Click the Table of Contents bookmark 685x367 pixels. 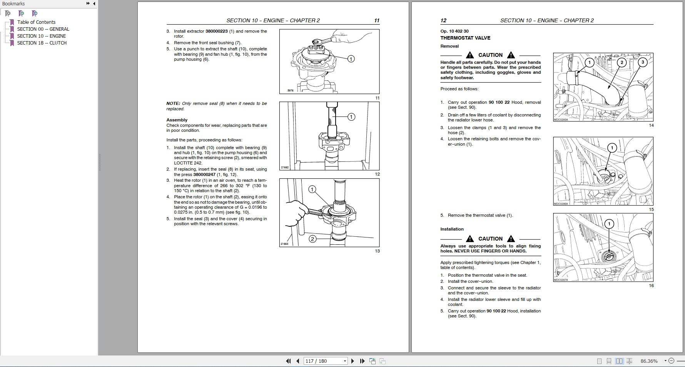coord(36,22)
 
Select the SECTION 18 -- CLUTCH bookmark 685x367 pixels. coord(42,43)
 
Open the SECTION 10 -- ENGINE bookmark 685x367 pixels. coord(41,36)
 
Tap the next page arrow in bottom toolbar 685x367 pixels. coord(353,361)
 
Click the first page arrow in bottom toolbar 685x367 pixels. coord(288,361)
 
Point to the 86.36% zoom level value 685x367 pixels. coord(649,361)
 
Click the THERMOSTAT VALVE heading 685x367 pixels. coord(465,38)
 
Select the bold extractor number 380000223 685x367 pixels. coord(216,31)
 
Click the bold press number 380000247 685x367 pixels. coord(204,174)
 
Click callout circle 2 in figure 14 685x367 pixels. coord(622,62)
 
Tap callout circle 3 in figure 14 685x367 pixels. coord(642,62)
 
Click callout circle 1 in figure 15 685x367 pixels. coord(611,148)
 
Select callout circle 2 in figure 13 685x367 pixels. coord(312,239)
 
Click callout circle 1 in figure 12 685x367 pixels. coord(351,117)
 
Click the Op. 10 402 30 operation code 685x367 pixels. coord(454,31)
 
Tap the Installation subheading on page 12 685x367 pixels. coord(452,229)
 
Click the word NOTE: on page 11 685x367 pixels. coord(173,103)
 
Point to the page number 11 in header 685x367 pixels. coord(376,20)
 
